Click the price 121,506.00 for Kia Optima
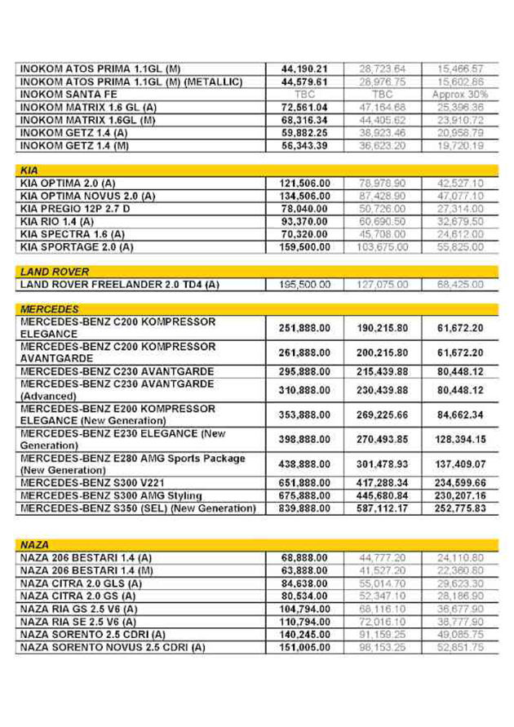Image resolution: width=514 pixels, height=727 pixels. (303, 184)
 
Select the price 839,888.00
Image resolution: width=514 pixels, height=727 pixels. (303, 511)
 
